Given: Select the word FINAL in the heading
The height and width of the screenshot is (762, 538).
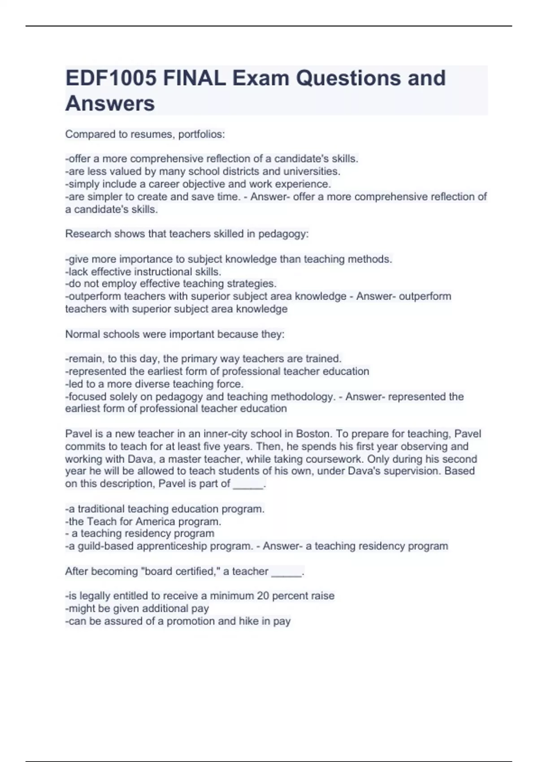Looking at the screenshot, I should tap(194, 78).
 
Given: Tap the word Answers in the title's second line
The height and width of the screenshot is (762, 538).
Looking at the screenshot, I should tap(110, 104).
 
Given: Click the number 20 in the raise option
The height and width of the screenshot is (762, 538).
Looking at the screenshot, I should tap(263, 596).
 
